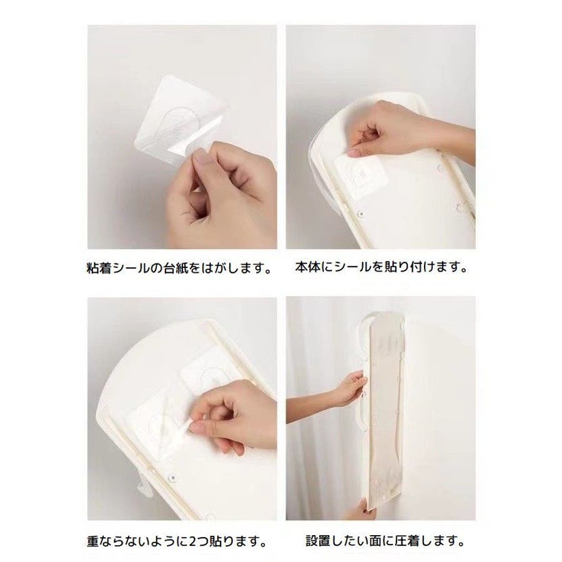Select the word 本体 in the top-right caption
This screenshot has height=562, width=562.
308,267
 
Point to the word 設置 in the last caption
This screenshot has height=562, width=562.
318,541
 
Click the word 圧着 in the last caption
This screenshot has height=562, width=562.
407,541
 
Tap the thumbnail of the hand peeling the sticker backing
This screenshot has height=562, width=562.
182,137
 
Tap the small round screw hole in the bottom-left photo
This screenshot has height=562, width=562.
172,477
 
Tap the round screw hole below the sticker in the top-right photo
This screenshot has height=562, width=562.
360,214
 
